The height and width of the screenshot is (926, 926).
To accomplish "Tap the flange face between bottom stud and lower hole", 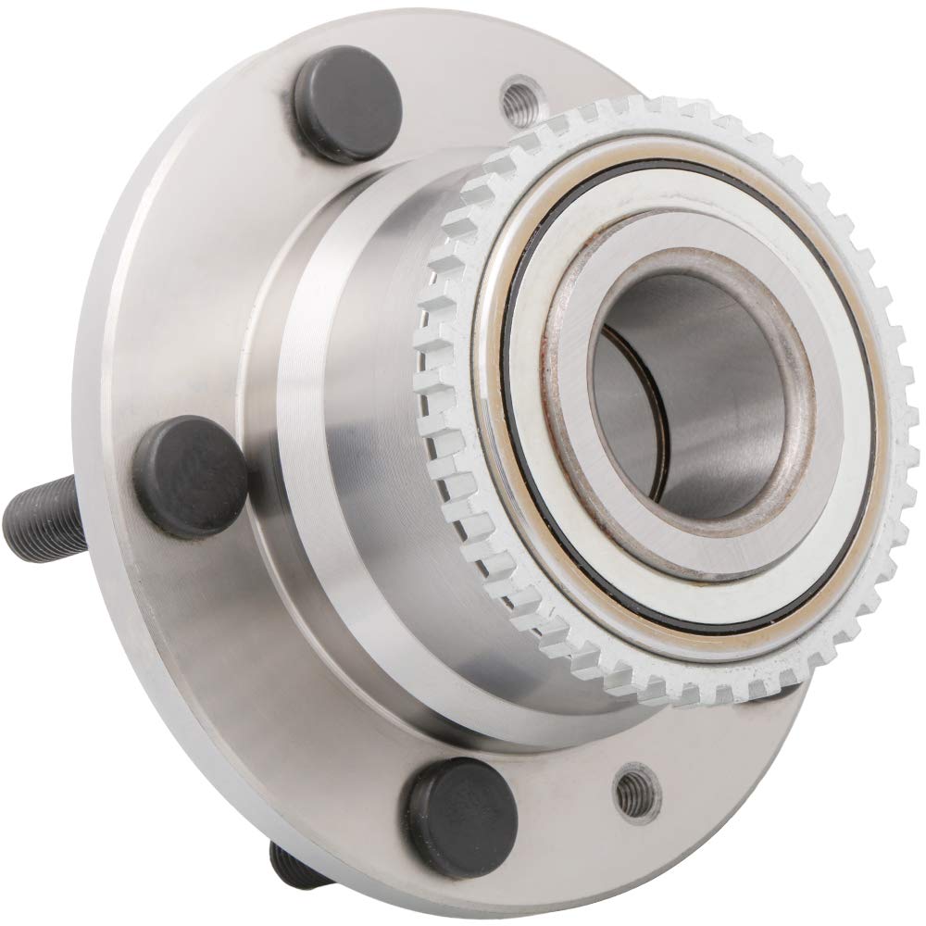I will (546, 787).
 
